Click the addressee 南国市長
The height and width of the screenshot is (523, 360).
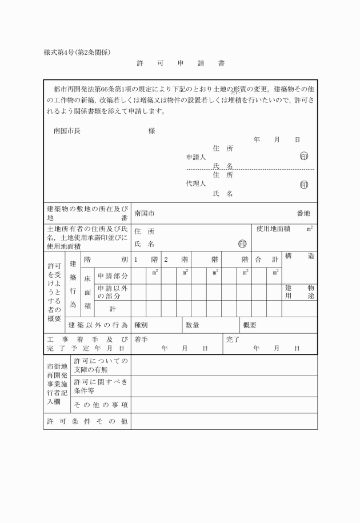67,131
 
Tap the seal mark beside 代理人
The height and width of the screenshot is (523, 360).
304,185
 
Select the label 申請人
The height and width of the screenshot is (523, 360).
196,157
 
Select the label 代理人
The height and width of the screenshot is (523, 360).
196,184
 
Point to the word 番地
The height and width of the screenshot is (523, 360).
303,213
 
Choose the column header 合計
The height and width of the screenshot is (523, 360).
266,259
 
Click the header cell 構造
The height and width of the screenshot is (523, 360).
299,257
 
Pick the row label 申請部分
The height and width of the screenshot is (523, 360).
112,276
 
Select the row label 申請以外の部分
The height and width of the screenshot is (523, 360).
112,292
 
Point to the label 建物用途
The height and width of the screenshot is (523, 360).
299,292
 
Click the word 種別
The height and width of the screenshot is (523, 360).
141,325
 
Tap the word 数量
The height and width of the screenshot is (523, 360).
193,325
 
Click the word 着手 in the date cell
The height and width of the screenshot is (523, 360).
142,339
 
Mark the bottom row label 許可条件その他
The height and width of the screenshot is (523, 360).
87,421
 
